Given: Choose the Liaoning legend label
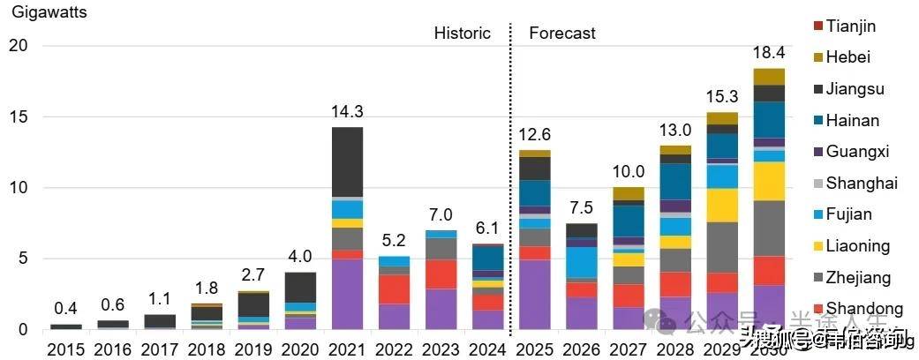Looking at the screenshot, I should click(857, 245).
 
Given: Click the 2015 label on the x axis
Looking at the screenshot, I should click(66, 350).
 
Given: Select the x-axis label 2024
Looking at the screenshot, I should click(488, 350).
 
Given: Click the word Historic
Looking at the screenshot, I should click(462, 34).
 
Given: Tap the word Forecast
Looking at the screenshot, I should click(562, 34).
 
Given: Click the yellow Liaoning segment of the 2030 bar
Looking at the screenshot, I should click(769, 181).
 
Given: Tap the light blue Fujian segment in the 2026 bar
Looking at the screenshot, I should click(582, 263).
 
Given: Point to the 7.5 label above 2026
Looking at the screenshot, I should click(582, 207).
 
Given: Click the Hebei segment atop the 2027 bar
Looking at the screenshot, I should click(629, 193).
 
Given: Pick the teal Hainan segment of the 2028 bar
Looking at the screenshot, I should click(675, 181).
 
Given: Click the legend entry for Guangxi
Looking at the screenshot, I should click(856, 151).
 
